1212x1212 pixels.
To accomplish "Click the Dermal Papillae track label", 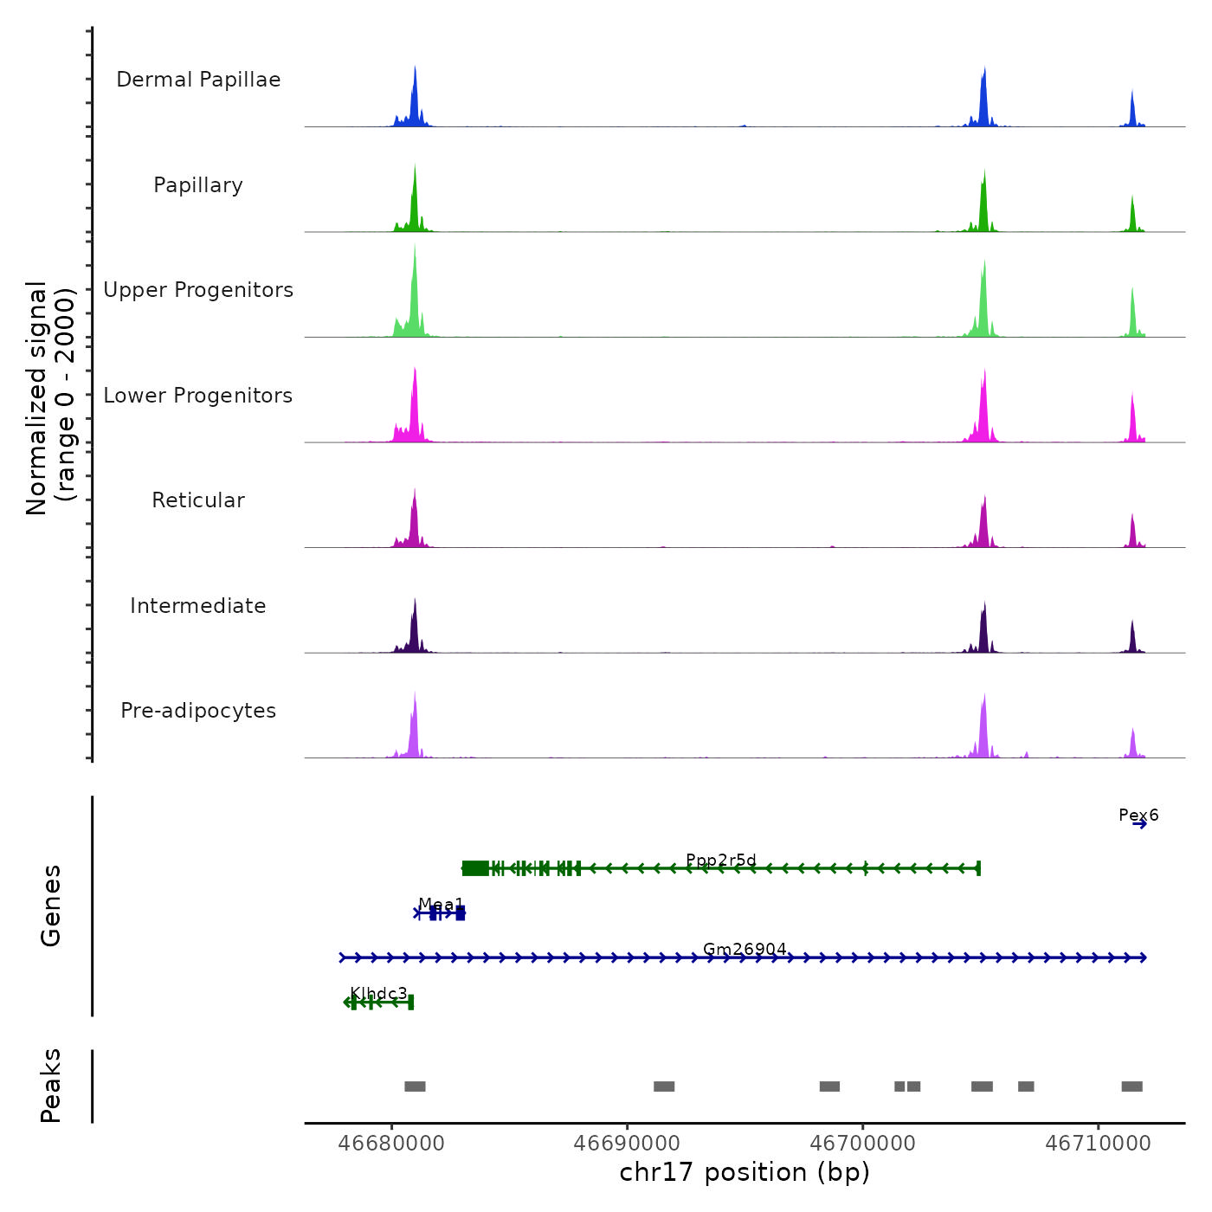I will pyautogui.click(x=198, y=80).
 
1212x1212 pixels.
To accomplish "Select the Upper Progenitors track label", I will pyautogui.click(x=198, y=290).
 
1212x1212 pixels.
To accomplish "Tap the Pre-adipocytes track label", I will pyautogui.click(x=198, y=711).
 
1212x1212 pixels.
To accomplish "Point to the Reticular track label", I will pyautogui.click(x=198, y=500).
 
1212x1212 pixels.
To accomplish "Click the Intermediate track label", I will pyautogui.click(x=198, y=606).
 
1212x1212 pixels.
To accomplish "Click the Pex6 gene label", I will pyautogui.click(x=1138, y=815).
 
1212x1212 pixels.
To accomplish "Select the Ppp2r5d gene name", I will pyautogui.click(x=720, y=860).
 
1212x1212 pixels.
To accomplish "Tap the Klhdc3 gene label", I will pyautogui.click(x=378, y=993).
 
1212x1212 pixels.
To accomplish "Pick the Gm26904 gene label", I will pyautogui.click(x=745, y=949).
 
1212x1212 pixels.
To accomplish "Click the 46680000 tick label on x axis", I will pyautogui.click(x=391, y=1144).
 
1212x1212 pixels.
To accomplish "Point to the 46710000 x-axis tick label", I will pyautogui.click(x=1098, y=1144).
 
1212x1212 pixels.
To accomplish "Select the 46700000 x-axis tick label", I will pyautogui.click(x=862, y=1144).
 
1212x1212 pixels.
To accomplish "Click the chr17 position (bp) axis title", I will pyautogui.click(x=745, y=1172).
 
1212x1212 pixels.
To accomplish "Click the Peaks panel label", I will pyautogui.click(x=51, y=1086).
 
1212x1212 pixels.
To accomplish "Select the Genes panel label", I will pyautogui.click(x=51, y=906).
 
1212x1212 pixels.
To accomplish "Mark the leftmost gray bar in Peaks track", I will pyautogui.click(x=415, y=1086).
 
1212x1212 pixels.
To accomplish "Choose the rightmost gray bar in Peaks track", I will pyautogui.click(x=1131, y=1086).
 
